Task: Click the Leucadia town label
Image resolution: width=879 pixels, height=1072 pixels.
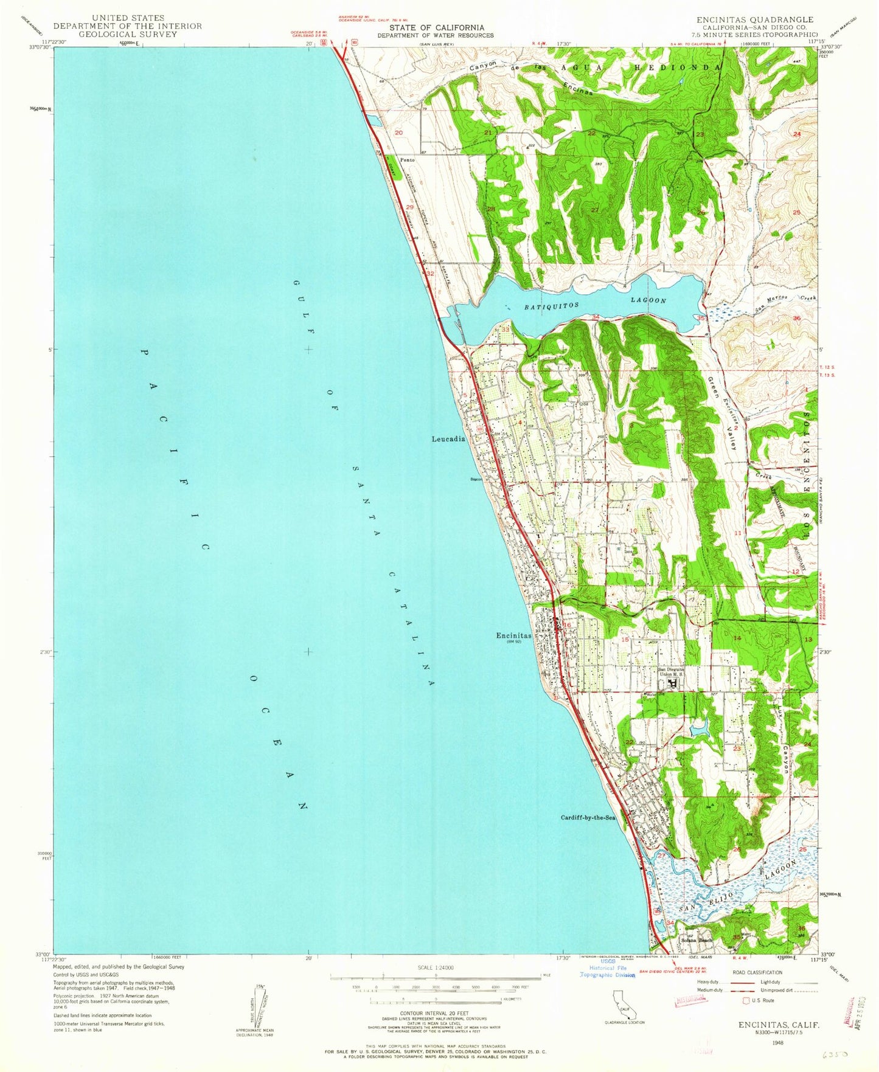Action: pos(448,438)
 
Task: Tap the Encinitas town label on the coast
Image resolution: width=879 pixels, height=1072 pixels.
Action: pos(513,636)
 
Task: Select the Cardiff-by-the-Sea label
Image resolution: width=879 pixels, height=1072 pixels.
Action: pos(588,818)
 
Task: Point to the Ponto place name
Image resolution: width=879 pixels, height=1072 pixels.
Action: pos(407,160)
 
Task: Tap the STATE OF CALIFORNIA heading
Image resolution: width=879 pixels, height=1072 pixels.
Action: pos(437,27)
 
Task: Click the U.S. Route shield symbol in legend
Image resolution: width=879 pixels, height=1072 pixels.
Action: pos(746,1000)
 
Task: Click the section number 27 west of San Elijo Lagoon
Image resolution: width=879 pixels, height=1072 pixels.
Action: pos(661,856)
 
